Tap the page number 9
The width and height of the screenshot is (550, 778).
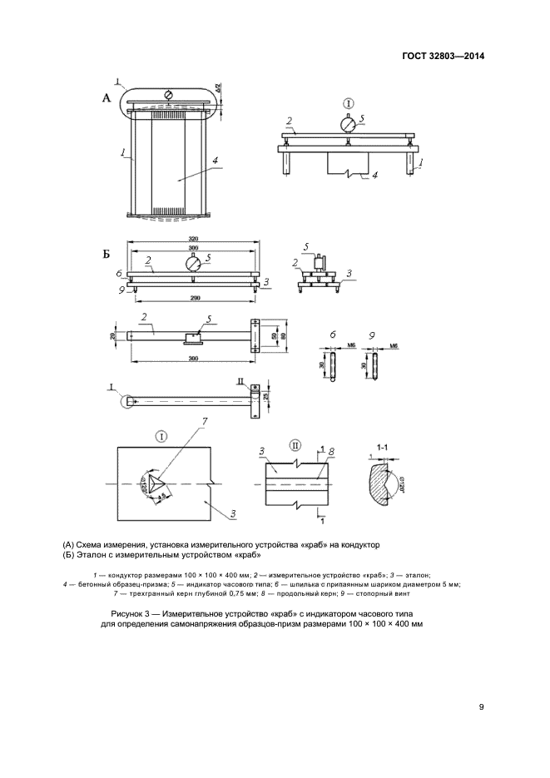coord(481,707)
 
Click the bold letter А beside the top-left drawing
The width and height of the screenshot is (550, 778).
coord(106,98)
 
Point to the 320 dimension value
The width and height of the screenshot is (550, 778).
coord(193,238)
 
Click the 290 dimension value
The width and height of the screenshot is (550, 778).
coord(193,297)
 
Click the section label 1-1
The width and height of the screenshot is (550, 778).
coord(384,448)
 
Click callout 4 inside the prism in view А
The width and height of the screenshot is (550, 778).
coord(215,161)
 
